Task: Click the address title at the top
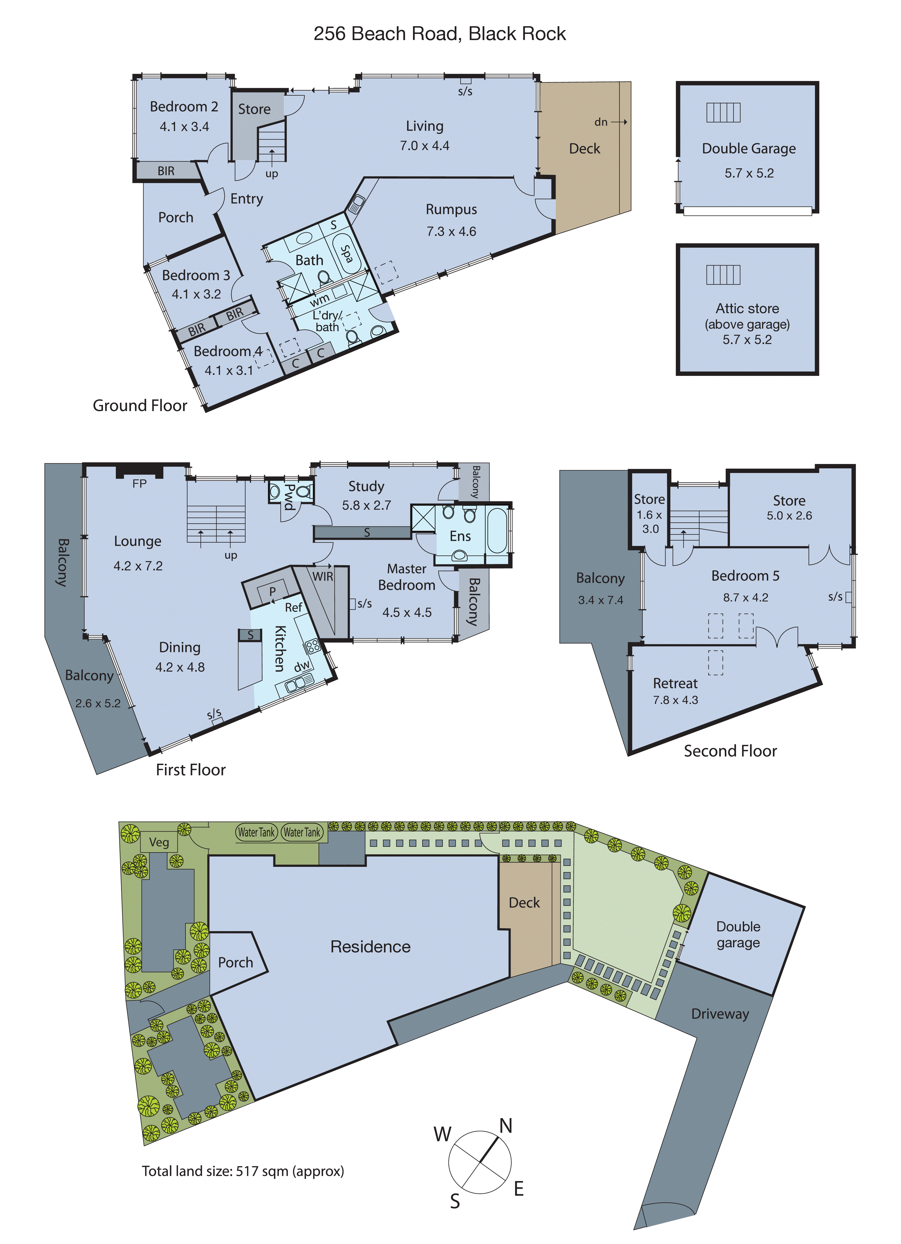point(439,34)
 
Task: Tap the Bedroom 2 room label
point(184,106)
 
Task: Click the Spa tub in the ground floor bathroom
point(346,254)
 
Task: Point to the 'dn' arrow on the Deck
point(610,122)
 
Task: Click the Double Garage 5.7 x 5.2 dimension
point(748,173)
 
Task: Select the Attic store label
point(747,308)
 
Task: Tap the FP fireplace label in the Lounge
point(139,483)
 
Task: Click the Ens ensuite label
point(460,536)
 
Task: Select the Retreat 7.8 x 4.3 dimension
point(675,700)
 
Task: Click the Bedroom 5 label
point(745,576)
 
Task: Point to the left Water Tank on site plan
point(256,832)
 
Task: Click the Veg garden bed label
point(159,842)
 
